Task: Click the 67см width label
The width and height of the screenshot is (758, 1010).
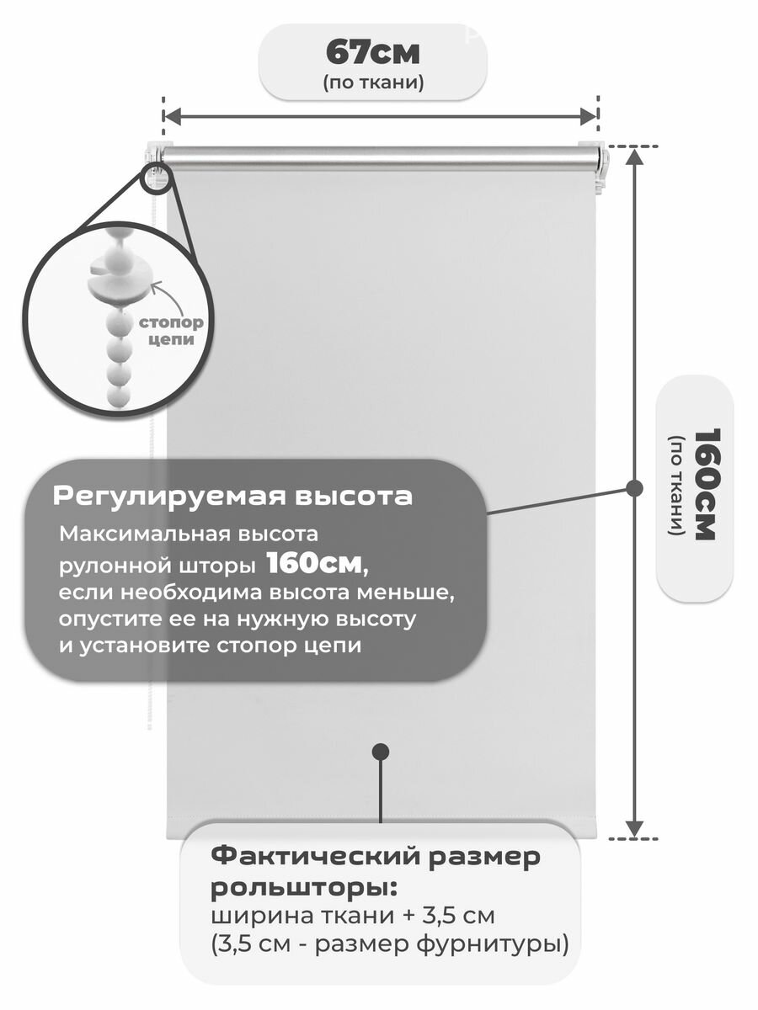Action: [x=372, y=52]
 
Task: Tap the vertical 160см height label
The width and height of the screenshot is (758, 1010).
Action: [x=703, y=484]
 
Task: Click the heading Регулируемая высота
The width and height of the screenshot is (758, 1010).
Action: [x=232, y=496]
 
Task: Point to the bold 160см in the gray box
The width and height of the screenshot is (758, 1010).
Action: [x=317, y=561]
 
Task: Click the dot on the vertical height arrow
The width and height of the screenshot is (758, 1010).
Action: [x=636, y=487]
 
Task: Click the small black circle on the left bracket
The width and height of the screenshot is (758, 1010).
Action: [x=157, y=178]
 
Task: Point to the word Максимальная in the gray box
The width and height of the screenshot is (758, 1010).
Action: [x=123, y=534]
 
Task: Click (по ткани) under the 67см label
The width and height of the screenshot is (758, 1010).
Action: [x=372, y=82]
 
